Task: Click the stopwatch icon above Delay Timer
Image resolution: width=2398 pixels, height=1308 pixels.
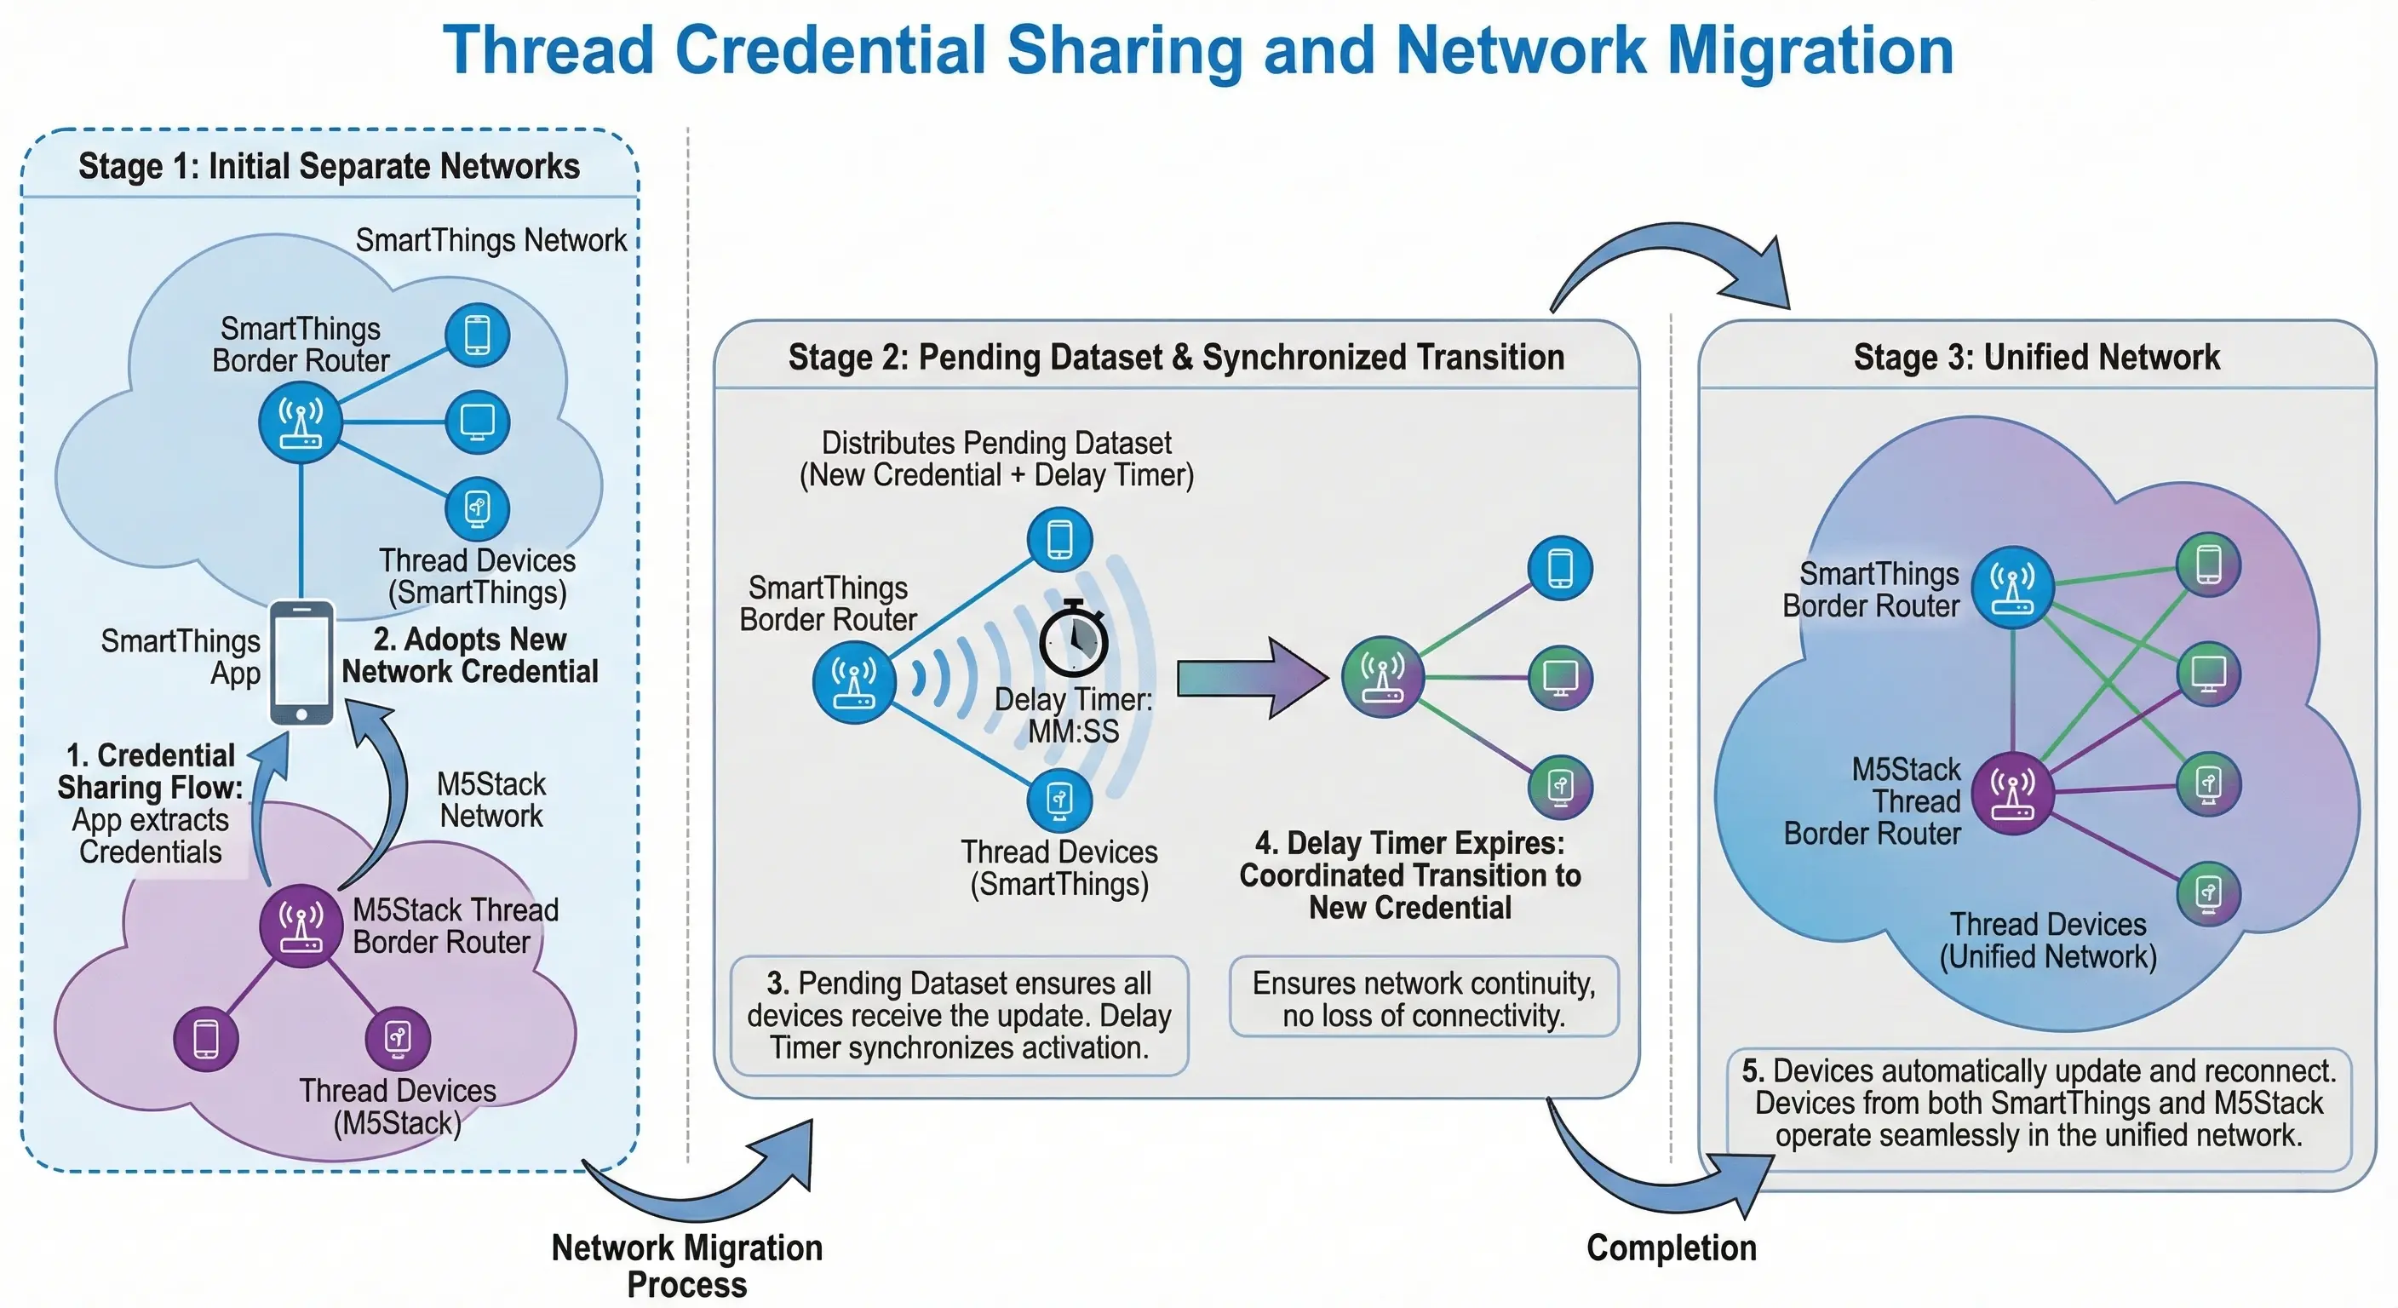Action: [x=1072, y=640]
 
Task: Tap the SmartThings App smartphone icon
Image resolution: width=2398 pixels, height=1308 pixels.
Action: [x=301, y=662]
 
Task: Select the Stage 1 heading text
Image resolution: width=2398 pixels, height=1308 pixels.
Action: [x=329, y=167]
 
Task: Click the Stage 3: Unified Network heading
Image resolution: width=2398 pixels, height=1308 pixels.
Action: [x=2036, y=358]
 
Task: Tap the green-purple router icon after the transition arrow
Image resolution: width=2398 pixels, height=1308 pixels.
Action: [x=1382, y=677]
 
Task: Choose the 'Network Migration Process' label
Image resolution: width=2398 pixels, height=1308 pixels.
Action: [x=687, y=1265]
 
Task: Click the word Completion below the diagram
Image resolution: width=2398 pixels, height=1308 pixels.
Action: [x=1671, y=1248]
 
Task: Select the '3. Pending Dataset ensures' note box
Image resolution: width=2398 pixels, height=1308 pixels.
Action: [x=959, y=1016]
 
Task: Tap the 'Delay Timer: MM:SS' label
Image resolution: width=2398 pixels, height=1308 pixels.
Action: [x=1073, y=715]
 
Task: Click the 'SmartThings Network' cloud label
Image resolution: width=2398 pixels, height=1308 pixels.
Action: [x=490, y=240]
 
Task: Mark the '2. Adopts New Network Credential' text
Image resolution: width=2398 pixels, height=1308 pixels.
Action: [x=470, y=656]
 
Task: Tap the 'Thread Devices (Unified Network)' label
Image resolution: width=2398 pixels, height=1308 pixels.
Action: [x=2047, y=940]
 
